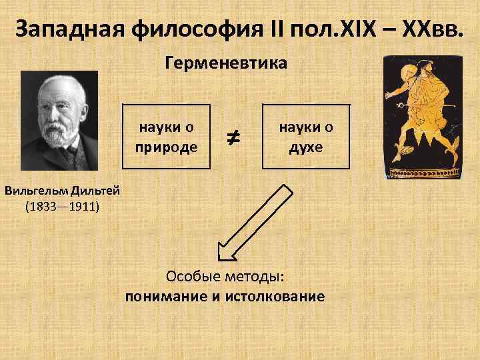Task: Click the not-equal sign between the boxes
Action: [236, 138]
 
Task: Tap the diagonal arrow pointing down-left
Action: [255, 223]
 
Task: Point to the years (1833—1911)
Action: [62, 206]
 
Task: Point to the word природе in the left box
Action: [167, 146]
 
